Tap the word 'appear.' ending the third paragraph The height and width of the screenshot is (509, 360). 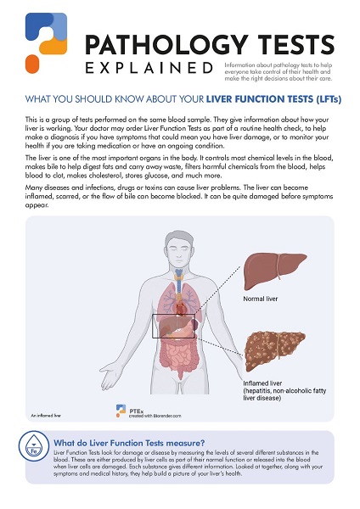coord(39,204)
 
